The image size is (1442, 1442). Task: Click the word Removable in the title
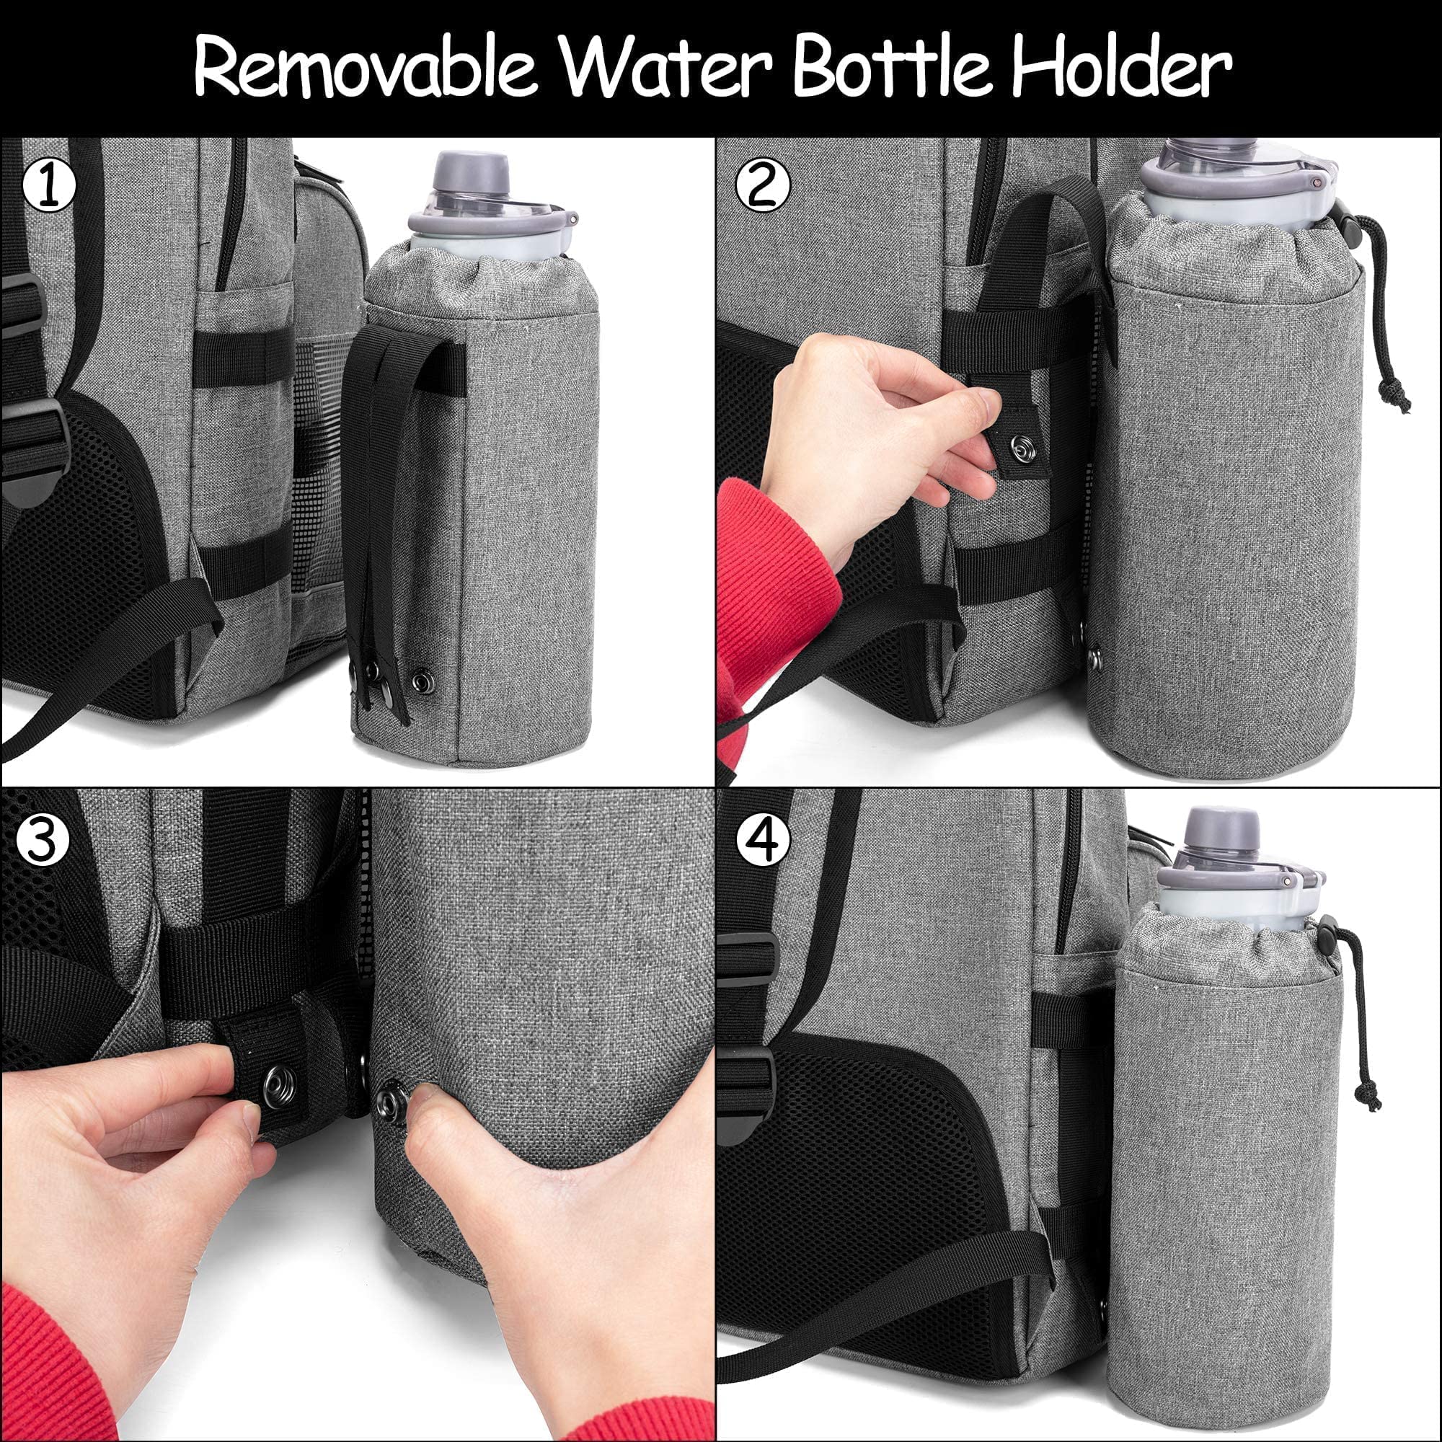click(x=365, y=68)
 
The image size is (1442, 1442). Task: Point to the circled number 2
click(x=762, y=187)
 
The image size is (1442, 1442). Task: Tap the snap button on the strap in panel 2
click(x=1019, y=448)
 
